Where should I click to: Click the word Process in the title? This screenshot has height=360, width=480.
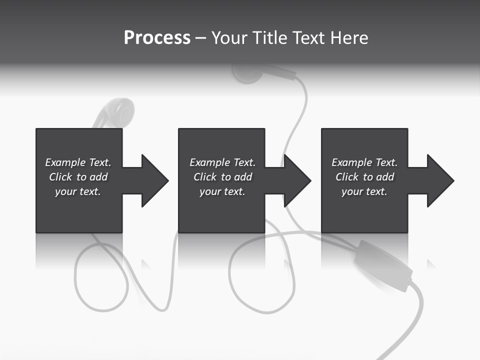(x=157, y=38)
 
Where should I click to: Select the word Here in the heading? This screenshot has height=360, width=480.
(x=349, y=38)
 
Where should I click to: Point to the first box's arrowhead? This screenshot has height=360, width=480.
(x=153, y=180)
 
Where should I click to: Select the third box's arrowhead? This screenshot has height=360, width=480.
(x=439, y=180)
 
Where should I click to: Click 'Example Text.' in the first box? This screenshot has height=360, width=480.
(x=78, y=162)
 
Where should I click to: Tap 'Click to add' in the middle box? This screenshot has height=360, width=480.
(x=222, y=177)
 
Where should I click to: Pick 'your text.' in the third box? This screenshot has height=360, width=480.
(x=364, y=191)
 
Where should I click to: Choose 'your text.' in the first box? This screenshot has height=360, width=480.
(x=78, y=191)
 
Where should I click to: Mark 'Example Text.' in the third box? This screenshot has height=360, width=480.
(x=364, y=162)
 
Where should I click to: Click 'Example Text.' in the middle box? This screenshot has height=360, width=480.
(x=222, y=162)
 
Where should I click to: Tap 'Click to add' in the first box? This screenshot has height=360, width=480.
(x=78, y=177)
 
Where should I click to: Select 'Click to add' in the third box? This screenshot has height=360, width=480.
(x=364, y=177)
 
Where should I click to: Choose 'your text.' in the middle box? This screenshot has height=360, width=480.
(x=222, y=191)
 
